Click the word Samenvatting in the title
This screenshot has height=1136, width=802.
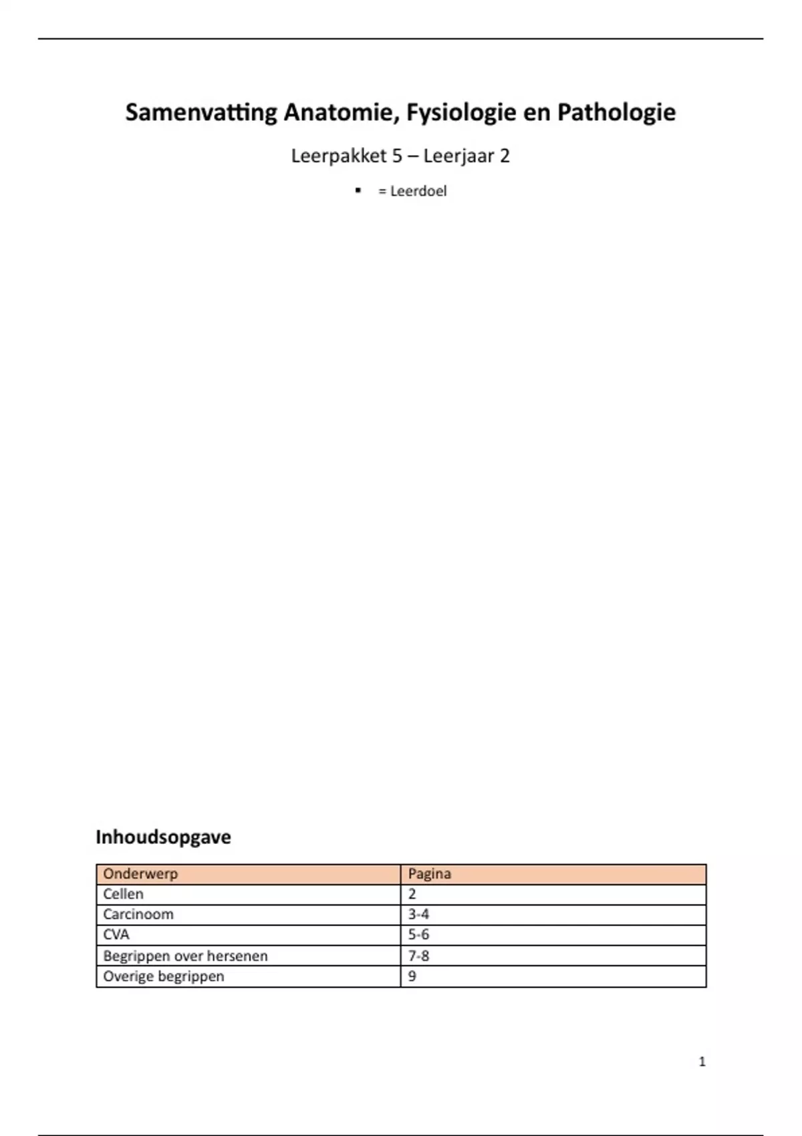coord(200,112)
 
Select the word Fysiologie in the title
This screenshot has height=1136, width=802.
coord(460,112)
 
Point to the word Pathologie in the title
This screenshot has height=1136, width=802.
coord(616,112)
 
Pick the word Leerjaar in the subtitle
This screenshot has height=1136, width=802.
coord(458,156)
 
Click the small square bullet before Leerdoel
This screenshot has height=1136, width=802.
coord(359,191)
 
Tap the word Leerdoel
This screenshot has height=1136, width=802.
coord(418,191)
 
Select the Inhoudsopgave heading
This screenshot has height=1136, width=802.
coord(163,837)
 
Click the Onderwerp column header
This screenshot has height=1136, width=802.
coord(140,874)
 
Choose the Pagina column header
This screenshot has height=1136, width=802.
coord(429,874)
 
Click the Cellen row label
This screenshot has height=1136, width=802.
coord(123,894)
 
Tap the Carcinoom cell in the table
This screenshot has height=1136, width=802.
coord(138,914)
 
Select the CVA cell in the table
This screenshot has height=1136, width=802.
coord(116,935)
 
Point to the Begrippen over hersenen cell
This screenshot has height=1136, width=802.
coord(185,956)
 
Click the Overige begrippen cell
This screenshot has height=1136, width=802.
coord(164,976)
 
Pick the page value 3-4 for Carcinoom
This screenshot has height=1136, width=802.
coord(418,914)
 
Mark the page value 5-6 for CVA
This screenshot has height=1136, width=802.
coord(418,935)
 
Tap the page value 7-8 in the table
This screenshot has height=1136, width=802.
coord(418,956)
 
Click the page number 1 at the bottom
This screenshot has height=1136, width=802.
coord(702,1062)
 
